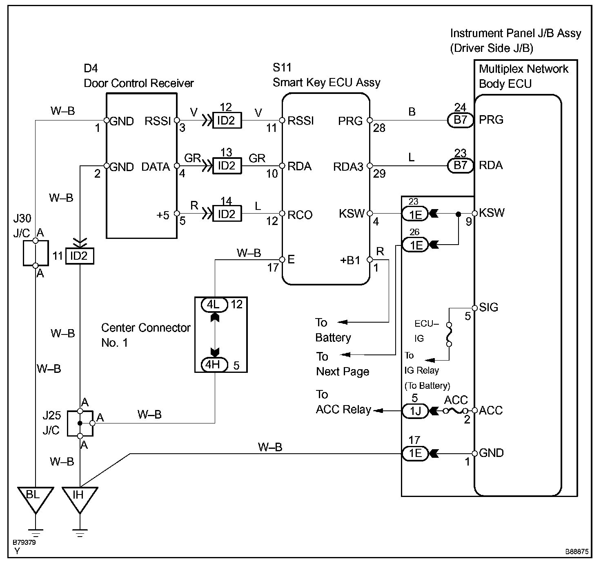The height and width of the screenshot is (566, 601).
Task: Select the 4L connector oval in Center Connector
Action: [x=215, y=305]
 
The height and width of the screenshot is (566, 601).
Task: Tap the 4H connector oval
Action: [x=215, y=364]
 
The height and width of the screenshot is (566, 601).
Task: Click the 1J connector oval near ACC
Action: [x=415, y=411]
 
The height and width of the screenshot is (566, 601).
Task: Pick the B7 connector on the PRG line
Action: [x=461, y=120]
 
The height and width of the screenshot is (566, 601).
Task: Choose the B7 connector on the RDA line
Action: [x=461, y=165]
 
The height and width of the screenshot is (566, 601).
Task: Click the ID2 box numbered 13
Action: [x=227, y=165]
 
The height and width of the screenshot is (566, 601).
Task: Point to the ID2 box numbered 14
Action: [x=227, y=214]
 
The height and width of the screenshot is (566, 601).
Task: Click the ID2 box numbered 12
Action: [x=227, y=120]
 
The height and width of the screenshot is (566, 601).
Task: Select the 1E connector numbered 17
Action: [x=415, y=453]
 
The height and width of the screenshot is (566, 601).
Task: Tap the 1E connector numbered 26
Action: [x=415, y=245]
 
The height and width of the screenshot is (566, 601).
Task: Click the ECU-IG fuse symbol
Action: [x=449, y=334]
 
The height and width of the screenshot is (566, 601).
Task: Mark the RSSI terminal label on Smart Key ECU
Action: [x=300, y=121]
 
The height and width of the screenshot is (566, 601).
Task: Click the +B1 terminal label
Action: [x=350, y=260]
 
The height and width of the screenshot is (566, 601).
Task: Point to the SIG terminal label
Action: [x=488, y=307]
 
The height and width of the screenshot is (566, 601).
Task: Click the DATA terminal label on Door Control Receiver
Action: [x=156, y=167]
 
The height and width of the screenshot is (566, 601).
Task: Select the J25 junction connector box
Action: [x=80, y=423]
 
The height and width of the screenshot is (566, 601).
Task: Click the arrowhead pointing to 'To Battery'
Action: [x=342, y=322]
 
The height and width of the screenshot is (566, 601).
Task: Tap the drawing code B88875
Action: [x=577, y=551]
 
